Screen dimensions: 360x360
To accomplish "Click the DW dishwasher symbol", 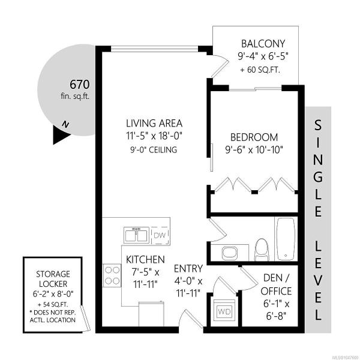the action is pos(161,236).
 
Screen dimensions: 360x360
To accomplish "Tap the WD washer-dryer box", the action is pos(224,311).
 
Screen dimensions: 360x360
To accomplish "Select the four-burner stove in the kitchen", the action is pos(112,275).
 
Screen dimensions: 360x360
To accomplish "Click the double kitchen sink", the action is pos(136,235).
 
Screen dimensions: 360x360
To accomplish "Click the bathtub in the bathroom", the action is pos(286,239).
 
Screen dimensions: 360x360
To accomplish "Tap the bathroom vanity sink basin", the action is pos(230,253).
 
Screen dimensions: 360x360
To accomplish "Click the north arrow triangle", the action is pos(61,135).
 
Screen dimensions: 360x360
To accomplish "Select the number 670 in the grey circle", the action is pos(79,85).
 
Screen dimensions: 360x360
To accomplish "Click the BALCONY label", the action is pos(263,44).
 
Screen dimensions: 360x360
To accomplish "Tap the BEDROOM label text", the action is pos(254,137).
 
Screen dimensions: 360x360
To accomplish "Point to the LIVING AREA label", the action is pos(154,123).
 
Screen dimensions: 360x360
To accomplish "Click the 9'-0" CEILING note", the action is pos(154,149).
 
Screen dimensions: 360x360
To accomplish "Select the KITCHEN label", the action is pos(145,260).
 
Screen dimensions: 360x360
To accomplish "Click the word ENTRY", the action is pos(188,268).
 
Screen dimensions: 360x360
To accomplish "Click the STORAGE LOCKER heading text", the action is pos(53,279).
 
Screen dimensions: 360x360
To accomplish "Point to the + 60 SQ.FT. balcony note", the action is pos(260,70).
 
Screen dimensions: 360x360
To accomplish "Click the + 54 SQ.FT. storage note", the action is pos(53,304).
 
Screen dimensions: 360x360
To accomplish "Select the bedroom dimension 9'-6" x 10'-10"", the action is pos(254,150).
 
